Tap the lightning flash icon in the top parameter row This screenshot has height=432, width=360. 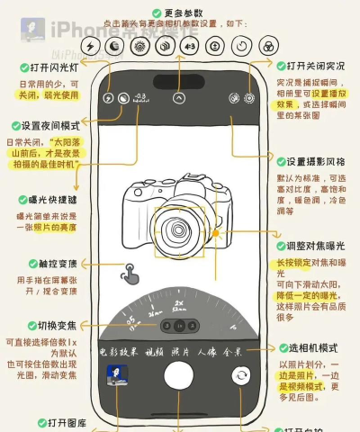coord(90,45)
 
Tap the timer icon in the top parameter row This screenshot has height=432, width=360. coord(241,45)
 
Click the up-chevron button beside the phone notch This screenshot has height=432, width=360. coord(179,96)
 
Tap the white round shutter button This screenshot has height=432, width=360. coord(180,375)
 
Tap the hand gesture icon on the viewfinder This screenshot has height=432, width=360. coord(132,271)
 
